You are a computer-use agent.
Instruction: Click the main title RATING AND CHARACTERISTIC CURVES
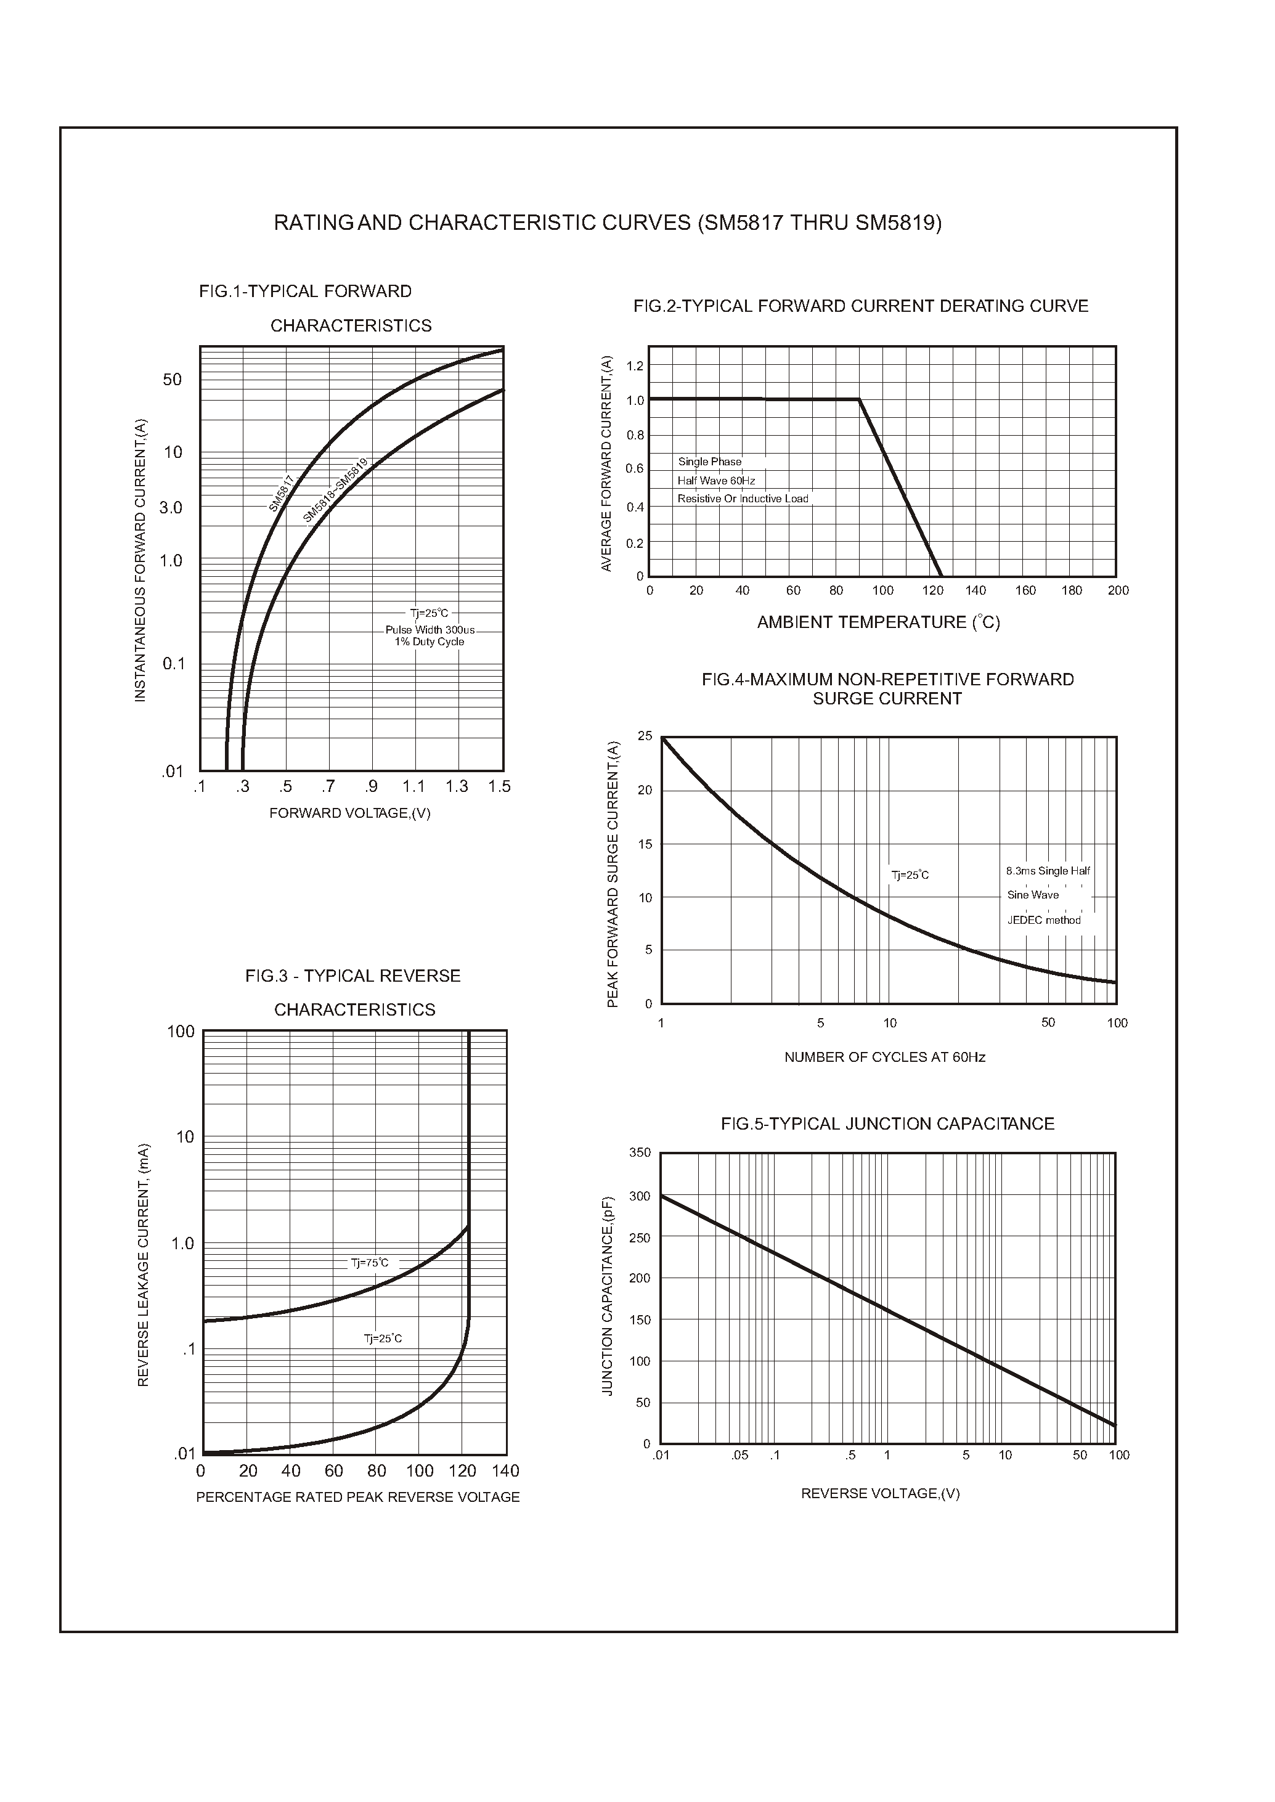tap(607, 223)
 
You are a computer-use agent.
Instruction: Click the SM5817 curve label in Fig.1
tap(281, 493)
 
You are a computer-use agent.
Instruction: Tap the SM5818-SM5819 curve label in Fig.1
tap(335, 490)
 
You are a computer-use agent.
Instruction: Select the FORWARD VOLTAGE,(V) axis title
tap(349, 813)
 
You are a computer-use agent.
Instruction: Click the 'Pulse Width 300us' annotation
tap(430, 630)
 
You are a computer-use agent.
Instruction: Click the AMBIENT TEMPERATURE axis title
tap(878, 622)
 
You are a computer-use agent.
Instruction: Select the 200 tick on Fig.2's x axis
tap(1118, 590)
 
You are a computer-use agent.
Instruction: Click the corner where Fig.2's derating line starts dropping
tap(859, 400)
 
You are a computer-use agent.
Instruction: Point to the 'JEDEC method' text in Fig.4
tap(1043, 920)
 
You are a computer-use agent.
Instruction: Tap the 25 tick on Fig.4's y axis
tap(645, 736)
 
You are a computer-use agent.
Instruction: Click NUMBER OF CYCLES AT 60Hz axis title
tap(884, 1058)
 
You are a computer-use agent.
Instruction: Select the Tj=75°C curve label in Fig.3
tap(369, 1263)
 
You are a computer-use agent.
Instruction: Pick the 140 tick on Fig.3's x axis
tap(505, 1470)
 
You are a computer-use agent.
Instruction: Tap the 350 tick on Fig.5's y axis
tap(640, 1152)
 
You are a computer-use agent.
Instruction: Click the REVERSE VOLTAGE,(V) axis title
tap(880, 1493)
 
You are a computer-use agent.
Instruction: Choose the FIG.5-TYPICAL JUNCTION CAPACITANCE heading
tap(887, 1123)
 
